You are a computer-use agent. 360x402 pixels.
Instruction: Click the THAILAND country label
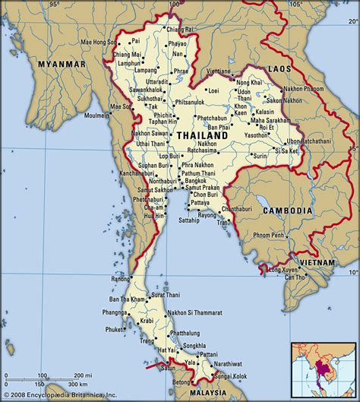click(202, 135)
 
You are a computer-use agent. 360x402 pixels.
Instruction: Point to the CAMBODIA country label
click(287, 210)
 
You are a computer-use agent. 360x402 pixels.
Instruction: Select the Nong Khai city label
click(250, 81)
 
